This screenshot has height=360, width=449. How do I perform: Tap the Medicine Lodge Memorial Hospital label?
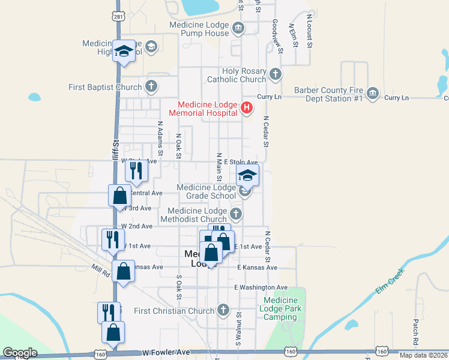click(204, 108)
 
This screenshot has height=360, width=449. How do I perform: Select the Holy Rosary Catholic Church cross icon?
click(275, 74)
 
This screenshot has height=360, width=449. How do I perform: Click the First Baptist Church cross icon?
click(151, 86)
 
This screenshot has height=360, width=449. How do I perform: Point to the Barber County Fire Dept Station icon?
click(373, 94)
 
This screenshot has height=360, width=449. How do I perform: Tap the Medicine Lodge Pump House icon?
click(238, 28)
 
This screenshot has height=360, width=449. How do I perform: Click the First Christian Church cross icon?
click(223, 310)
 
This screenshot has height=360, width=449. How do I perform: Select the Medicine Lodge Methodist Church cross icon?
click(236, 214)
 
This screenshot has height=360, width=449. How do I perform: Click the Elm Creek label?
click(391, 281)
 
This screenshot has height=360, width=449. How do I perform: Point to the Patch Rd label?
click(415, 328)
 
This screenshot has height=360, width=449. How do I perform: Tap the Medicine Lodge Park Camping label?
click(281, 308)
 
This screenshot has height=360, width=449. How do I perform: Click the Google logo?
click(20, 353)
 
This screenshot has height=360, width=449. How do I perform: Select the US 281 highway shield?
click(119, 17)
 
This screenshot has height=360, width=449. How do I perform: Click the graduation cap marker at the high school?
click(124, 52)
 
